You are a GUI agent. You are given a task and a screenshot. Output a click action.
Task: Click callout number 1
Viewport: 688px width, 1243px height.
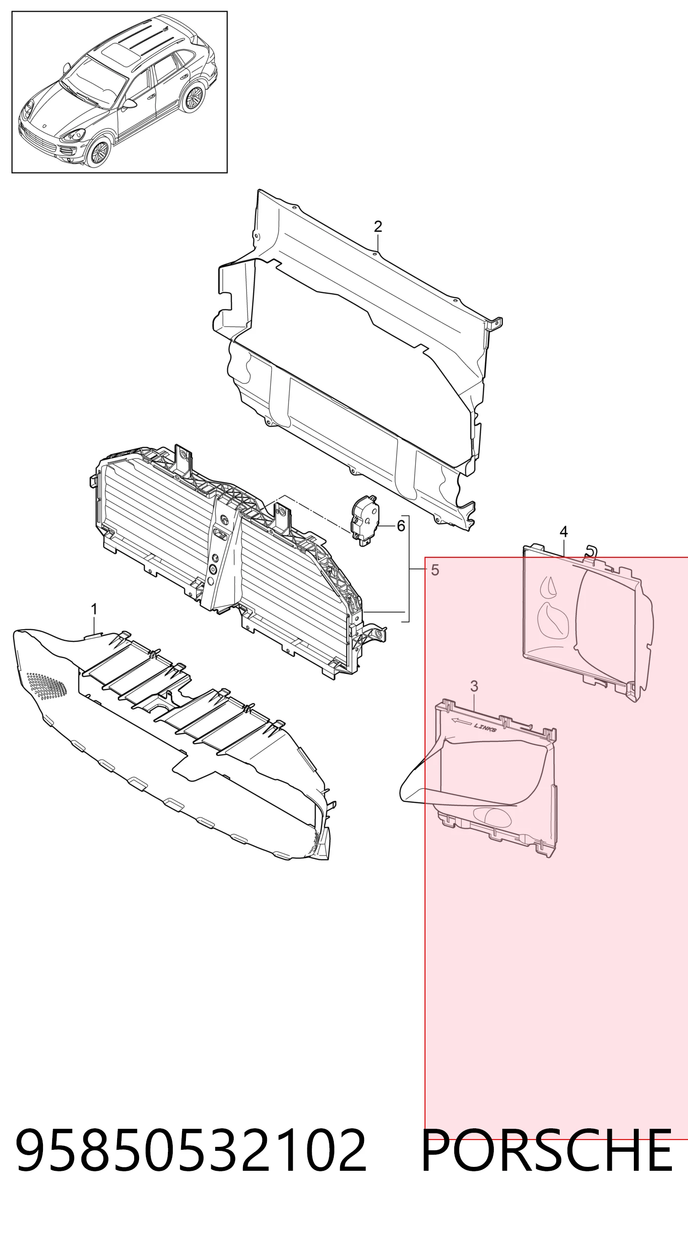94,609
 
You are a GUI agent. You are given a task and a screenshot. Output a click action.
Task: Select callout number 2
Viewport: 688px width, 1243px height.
378,226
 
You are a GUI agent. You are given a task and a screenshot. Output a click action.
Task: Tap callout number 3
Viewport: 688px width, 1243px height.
474,686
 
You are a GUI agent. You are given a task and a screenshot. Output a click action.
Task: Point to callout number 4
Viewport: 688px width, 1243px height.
564,531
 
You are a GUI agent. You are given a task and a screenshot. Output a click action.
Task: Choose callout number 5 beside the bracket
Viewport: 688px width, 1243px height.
435,570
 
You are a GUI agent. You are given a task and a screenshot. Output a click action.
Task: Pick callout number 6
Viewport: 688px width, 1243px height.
401,526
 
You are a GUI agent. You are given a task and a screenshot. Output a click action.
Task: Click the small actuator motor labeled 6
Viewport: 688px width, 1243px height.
364,520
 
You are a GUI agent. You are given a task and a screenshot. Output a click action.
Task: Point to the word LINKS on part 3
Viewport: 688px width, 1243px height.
485,728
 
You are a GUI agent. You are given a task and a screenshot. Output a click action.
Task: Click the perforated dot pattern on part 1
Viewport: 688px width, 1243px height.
46,686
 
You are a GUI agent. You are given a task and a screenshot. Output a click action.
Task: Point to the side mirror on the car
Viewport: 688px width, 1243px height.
129,104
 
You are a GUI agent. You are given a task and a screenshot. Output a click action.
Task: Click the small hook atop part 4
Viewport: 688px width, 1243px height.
590,550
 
